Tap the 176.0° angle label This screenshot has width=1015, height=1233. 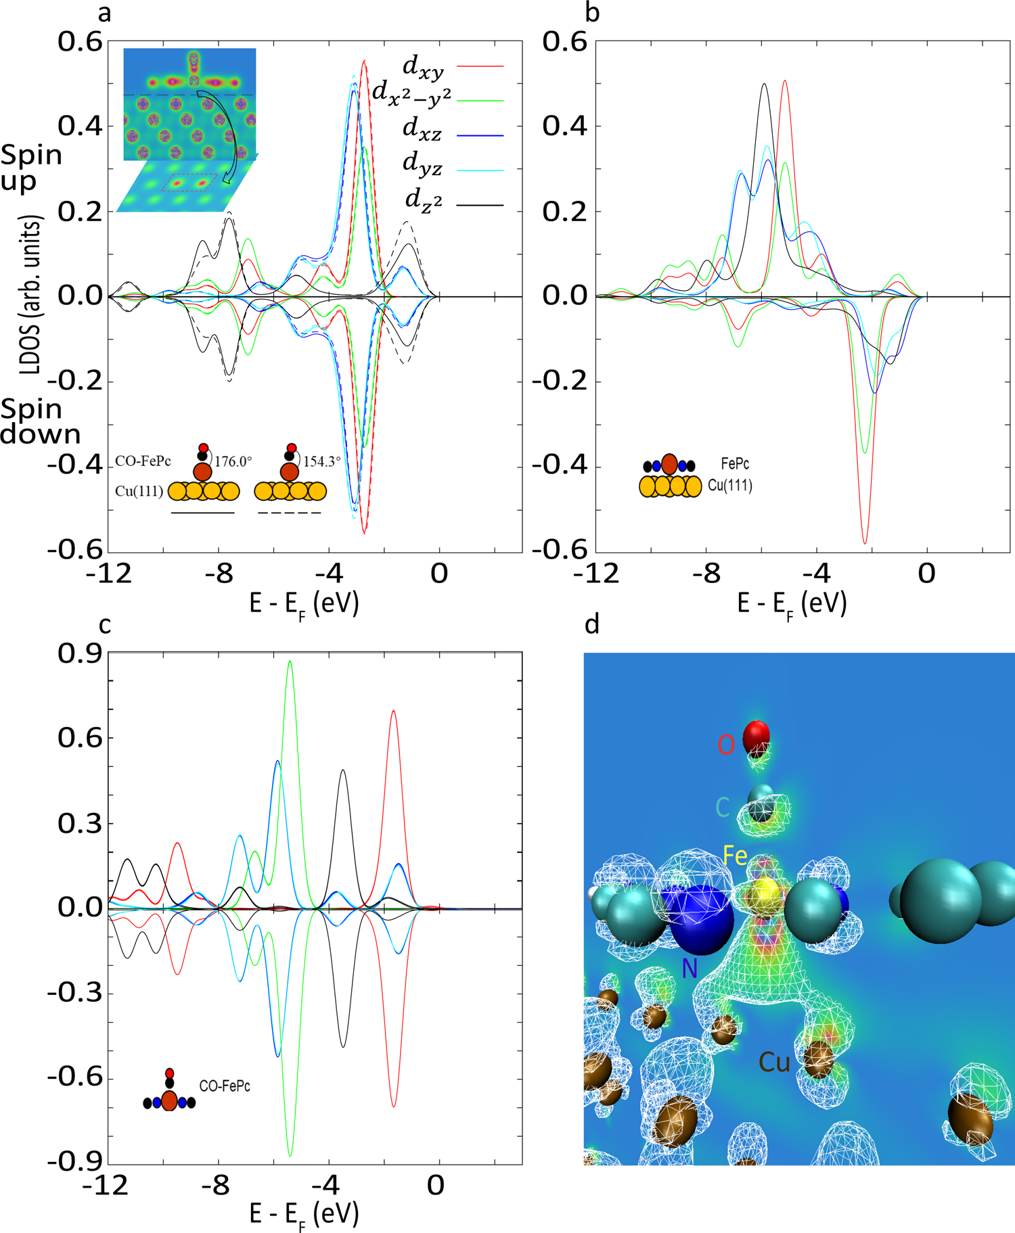[233, 461]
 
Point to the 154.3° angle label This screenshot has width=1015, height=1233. [321, 461]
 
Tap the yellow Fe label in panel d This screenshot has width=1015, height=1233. [736, 856]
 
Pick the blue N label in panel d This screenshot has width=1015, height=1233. [690, 969]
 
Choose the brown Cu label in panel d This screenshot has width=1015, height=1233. [774, 1063]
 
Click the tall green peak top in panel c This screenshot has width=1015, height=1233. [290, 661]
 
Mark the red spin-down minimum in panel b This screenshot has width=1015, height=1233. [865, 542]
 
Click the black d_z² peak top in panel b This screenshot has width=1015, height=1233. [764, 85]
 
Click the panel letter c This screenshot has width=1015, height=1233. [105, 626]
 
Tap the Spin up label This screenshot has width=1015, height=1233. [32, 168]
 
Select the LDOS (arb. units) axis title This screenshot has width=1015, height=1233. [30, 295]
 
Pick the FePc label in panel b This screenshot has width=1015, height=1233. [735, 464]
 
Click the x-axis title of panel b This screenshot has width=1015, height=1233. [792, 603]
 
